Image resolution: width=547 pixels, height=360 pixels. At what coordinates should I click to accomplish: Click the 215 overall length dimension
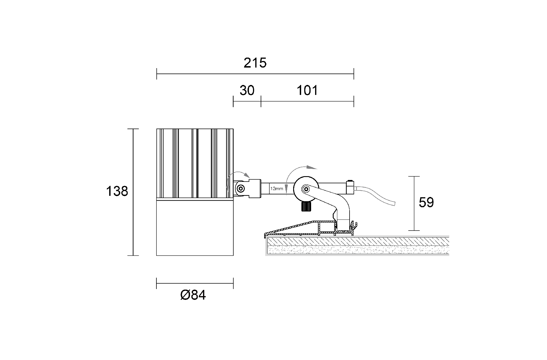(x=255, y=63)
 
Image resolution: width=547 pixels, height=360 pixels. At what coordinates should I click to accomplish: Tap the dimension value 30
(x=247, y=90)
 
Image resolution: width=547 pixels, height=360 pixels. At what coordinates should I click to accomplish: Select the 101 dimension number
(x=307, y=90)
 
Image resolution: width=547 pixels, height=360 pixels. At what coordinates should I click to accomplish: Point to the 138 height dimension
(x=117, y=191)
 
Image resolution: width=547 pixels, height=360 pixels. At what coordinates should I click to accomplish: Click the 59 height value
(x=426, y=202)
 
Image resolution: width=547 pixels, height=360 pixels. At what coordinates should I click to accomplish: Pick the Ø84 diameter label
(x=193, y=295)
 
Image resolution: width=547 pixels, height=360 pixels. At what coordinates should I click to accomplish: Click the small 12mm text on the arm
(x=277, y=188)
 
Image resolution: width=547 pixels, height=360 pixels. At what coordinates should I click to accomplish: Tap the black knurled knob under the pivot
(x=306, y=206)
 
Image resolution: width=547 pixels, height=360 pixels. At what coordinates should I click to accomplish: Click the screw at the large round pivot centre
(x=306, y=188)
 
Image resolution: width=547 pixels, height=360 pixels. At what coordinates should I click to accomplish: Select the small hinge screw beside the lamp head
(x=241, y=188)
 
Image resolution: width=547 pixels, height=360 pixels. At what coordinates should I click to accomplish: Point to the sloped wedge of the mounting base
(x=293, y=228)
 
